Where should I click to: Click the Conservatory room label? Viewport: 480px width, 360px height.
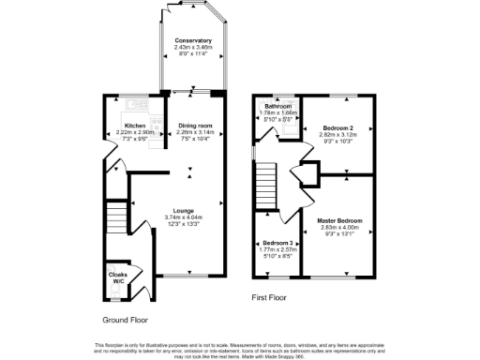(x=192, y=40)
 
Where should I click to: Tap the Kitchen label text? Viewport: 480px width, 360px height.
(x=135, y=126)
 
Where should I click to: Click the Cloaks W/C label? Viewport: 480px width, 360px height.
(x=119, y=277)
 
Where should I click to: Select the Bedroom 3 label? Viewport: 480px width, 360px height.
(x=277, y=243)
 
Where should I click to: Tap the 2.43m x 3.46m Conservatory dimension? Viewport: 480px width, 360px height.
(x=192, y=47)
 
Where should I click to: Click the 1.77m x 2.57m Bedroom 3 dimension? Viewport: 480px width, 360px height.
(x=277, y=249)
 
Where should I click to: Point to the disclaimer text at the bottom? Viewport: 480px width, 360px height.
(x=240, y=348)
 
